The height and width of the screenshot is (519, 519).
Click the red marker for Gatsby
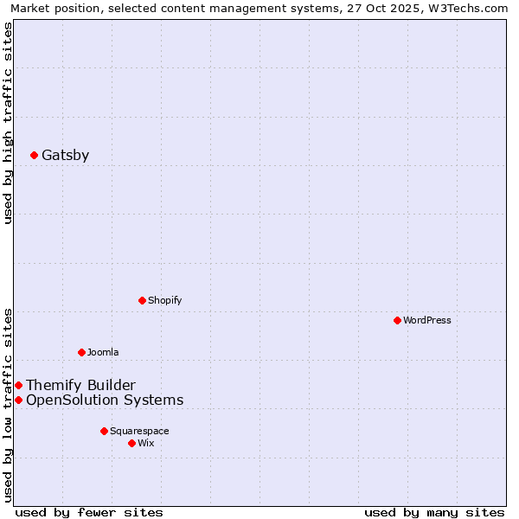[34, 156]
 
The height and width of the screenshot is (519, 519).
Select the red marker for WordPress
[397, 320]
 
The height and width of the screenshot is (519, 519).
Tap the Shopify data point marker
[142, 300]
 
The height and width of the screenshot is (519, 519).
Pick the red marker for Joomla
[81, 352]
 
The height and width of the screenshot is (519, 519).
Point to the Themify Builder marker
[18, 385]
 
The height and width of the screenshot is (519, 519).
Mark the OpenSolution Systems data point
[18, 400]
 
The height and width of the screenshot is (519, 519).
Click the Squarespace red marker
[104, 431]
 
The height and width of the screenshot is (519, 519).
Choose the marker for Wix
[131, 443]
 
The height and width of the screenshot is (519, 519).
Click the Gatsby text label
[65, 156]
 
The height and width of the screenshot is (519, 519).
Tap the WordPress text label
[427, 320]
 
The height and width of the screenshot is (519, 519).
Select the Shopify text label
[164, 300]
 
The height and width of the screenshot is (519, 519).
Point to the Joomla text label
[103, 352]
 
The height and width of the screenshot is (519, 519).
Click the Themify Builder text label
[80, 385]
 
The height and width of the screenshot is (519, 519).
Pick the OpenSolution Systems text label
[105, 400]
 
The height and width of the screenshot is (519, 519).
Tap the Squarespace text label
[139, 431]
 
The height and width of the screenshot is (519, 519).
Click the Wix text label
[146, 443]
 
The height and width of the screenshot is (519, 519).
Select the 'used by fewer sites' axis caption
[89, 513]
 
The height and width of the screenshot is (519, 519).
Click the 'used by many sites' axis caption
[434, 513]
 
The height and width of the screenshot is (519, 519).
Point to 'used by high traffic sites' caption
[8, 123]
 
